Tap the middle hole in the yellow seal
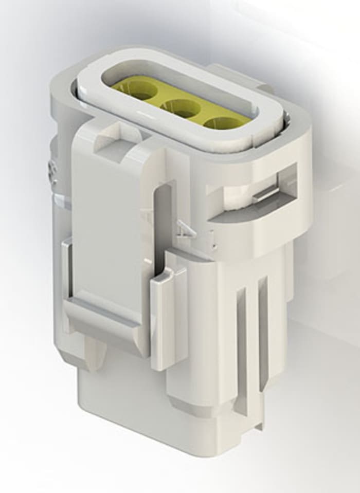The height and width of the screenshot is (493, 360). coord(180,107)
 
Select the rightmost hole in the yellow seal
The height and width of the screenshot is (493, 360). coord(221,123)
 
